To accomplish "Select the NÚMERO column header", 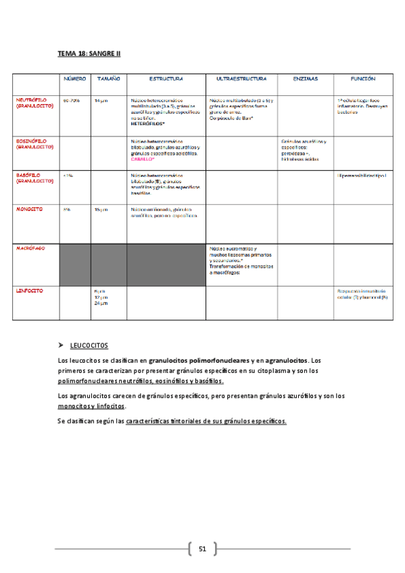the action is (74, 79).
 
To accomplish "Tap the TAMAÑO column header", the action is (108, 79).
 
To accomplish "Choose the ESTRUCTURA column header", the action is (166, 79).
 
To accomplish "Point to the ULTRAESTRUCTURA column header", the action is (241, 79).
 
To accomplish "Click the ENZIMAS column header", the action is (306, 79).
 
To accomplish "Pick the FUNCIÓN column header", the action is (364, 79).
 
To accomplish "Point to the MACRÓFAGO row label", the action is (30, 249).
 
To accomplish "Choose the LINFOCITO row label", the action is (29, 291).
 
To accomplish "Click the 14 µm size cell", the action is (101, 101).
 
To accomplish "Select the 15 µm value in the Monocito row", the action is (101, 209).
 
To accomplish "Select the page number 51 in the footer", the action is (202, 548).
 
